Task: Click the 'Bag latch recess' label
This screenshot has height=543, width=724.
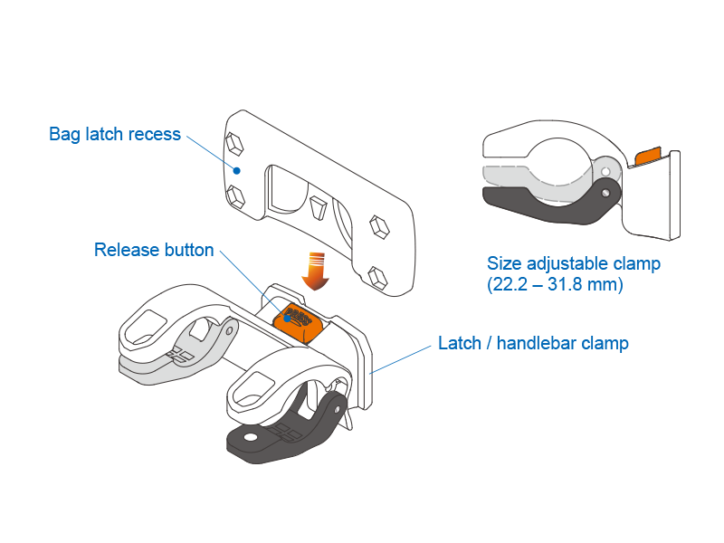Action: pyautogui.click(x=115, y=135)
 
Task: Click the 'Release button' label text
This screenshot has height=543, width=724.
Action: pyautogui.click(x=154, y=250)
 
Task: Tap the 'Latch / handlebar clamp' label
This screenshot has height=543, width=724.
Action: pyautogui.click(x=533, y=343)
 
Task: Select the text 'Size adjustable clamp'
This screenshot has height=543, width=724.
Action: pyautogui.click(x=574, y=264)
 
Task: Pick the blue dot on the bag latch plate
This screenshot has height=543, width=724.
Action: pyautogui.click(x=236, y=169)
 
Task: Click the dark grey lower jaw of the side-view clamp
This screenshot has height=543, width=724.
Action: pyautogui.click(x=543, y=207)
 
